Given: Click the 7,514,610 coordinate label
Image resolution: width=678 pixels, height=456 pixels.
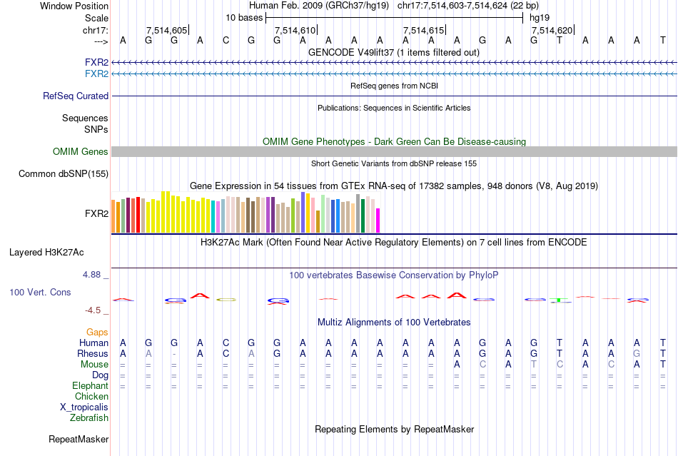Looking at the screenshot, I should tap(295, 30).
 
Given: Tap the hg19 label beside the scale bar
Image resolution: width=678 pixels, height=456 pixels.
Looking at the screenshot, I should tap(539, 17).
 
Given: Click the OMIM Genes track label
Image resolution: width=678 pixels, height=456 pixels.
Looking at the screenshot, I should tap(81, 151).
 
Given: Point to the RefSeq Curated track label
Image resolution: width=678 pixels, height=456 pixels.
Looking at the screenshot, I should tap(76, 96).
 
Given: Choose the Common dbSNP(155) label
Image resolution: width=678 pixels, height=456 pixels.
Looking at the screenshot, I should tap(64, 173).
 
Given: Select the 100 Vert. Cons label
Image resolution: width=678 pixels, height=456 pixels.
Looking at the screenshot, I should tap(40, 292).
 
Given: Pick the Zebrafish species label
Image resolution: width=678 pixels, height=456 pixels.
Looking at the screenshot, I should tap(89, 417).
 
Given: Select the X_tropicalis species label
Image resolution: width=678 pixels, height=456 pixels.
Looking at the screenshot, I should tap(84, 407).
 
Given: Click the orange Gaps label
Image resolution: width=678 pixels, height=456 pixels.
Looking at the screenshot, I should tap(97, 332).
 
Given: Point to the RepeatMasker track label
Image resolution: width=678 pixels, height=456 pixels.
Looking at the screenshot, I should tap(79, 439).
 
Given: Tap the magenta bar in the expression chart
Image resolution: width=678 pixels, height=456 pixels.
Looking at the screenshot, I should tap(378, 220).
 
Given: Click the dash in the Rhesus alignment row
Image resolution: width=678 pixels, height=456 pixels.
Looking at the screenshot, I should tap(174, 353).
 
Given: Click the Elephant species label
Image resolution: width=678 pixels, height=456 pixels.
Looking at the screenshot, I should tap(90, 385).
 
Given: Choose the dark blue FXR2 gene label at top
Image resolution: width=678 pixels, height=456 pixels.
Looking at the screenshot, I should tap(96, 62).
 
